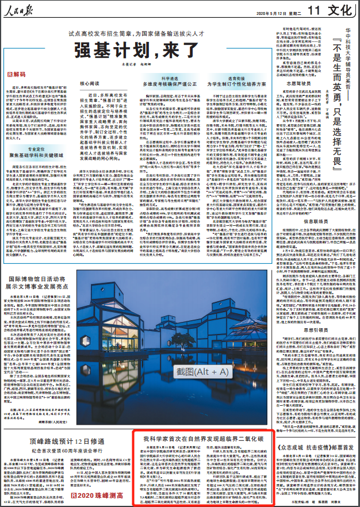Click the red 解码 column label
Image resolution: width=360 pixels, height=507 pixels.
[18, 75]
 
